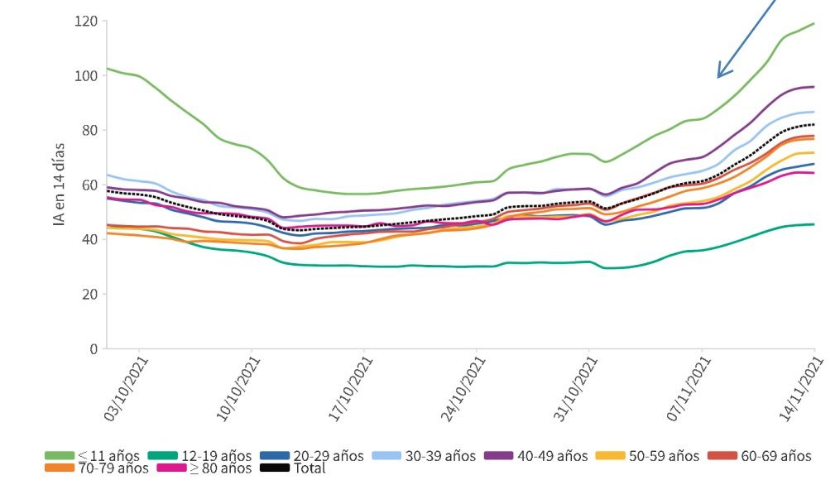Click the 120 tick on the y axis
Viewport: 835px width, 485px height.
[x=86, y=21]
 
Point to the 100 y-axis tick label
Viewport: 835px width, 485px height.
[x=86, y=75]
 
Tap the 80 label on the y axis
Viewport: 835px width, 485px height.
[x=89, y=130]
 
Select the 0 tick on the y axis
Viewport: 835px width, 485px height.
[x=94, y=348]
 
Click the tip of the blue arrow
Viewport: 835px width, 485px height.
[x=718, y=77]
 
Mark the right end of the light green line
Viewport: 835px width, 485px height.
[x=813, y=23]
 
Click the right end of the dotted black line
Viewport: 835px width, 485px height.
[x=813, y=125]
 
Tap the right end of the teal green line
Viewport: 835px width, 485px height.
[x=813, y=224]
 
